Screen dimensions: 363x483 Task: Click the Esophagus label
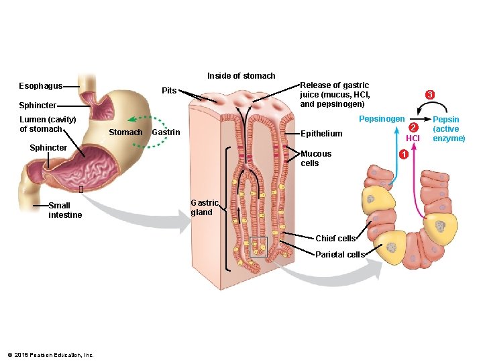[40, 86]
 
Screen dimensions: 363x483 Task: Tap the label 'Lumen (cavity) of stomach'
[48, 124]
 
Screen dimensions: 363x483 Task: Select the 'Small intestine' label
[65, 210]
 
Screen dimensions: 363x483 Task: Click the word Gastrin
[166, 132]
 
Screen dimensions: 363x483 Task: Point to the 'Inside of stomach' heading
[241, 76]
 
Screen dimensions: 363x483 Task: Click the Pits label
[169, 90]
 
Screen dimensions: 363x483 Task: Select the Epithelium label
[321, 134]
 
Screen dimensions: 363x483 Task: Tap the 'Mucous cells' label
[316, 159]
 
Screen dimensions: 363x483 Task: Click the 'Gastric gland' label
[205, 207]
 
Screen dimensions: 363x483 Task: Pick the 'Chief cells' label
[335, 239]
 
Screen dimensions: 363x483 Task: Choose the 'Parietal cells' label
[339, 255]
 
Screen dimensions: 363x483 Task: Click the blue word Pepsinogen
[382, 119]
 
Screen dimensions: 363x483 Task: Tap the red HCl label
[413, 138]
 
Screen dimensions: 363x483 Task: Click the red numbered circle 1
[403, 156]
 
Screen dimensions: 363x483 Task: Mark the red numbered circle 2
[414, 128]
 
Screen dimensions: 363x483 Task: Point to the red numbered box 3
[429, 95]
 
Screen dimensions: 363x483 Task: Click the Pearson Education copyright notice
[50, 355]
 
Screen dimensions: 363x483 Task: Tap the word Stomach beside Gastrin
[125, 132]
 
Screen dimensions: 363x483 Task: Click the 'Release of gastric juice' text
[334, 95]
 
